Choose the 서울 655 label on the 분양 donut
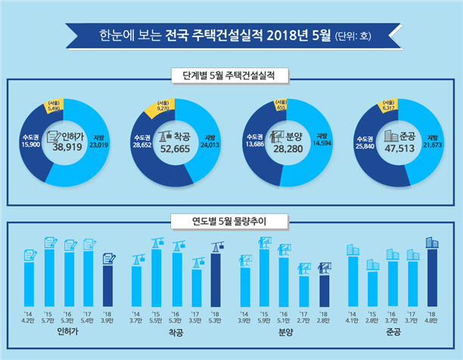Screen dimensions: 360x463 (x=280, y=106)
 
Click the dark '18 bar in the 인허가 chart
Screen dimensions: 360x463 (x=107, y=284)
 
